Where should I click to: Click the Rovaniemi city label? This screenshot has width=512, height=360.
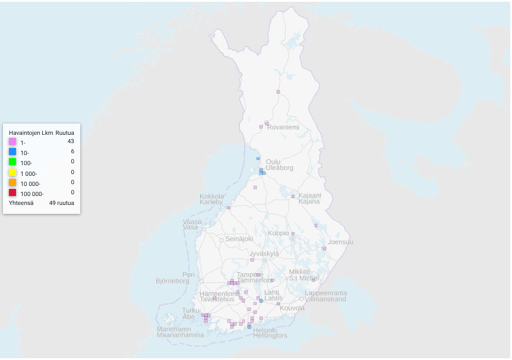283,127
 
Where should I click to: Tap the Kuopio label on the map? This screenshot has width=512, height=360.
278,233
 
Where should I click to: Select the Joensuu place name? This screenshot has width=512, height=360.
340,242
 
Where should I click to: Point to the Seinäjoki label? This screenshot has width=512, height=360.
239,239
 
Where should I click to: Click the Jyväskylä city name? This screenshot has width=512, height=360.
264,254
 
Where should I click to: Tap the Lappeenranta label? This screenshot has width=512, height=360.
325,293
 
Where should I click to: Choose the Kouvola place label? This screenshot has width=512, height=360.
292,308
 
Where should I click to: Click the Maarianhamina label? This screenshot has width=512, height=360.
180,335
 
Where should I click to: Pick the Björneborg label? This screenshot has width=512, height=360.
172,281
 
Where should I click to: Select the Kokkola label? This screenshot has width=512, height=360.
211,196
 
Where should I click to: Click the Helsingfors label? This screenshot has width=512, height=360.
270,336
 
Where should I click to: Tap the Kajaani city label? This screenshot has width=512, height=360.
309,195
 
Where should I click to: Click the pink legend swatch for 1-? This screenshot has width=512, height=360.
12,142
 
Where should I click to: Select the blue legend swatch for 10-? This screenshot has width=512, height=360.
12,152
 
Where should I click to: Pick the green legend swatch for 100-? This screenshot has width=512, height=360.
12,162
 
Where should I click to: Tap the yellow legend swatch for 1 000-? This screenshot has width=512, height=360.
12,172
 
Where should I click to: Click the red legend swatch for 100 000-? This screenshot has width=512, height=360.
12,192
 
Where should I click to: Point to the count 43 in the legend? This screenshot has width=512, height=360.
71,141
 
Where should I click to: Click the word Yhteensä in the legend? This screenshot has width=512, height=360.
21,203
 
